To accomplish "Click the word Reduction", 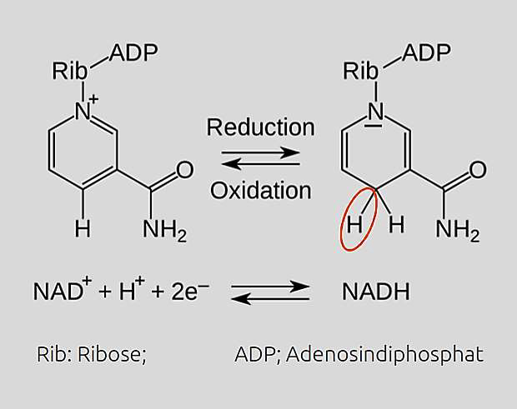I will click(x=260, y=127).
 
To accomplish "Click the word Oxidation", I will click(x=260, y=191).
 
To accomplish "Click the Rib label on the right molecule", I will click(x=361, y=71).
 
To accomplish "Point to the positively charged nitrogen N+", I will click(x=84, y=109).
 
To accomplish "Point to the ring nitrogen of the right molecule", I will click(x=376, y=111).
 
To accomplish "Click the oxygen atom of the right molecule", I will click(x=477, y=171).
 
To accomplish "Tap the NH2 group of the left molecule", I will click(x=164, y=230).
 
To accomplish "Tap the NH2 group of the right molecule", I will click(x=457, y=230).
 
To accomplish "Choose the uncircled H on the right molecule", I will click(x=397, y=224).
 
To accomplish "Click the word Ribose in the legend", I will click(x=111, y=354).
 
